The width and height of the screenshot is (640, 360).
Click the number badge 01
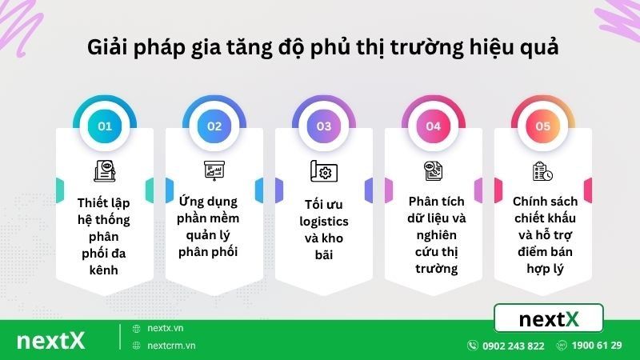coord(104,126)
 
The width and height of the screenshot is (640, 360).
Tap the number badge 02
coord(214,126)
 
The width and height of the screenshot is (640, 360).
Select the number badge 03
coord(323,126)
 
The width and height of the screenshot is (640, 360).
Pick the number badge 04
coord(433,126)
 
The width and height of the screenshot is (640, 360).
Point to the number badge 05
coord(542,126)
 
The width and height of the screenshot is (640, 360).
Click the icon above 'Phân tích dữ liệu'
coord(433,170)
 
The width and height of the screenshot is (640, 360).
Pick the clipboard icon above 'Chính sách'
coord(542,171)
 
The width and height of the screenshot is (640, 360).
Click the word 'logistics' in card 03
coord(323,221)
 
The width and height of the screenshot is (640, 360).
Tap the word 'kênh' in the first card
coord(104,270)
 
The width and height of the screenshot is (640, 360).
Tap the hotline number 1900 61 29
coord(597,346)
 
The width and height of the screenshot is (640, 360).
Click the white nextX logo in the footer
coord(50,339)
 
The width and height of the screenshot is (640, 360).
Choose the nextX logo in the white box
coord(549,319)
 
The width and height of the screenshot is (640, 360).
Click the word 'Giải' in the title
coord(107,47)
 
